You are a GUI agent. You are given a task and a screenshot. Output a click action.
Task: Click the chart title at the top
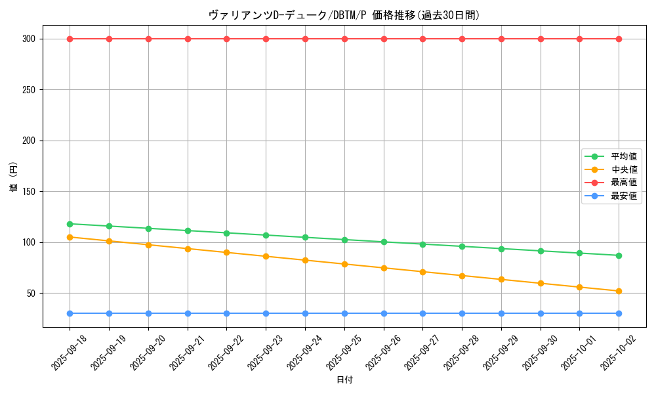(344, 15)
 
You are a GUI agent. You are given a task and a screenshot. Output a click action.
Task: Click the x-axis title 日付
(344, 380)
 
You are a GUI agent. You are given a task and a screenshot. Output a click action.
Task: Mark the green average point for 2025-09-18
(70, 224)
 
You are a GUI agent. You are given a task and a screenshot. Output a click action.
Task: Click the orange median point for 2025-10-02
(619, 291)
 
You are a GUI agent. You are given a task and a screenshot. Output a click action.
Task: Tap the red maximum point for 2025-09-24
(305, 39)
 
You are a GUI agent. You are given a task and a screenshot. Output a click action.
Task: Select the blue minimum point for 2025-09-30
(541, 313)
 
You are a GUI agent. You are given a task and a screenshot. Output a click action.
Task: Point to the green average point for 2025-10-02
(619, 255)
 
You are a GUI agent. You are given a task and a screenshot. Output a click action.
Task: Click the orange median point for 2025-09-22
(226, 252)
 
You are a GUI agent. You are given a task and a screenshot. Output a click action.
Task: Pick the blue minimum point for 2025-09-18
(70, 313)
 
